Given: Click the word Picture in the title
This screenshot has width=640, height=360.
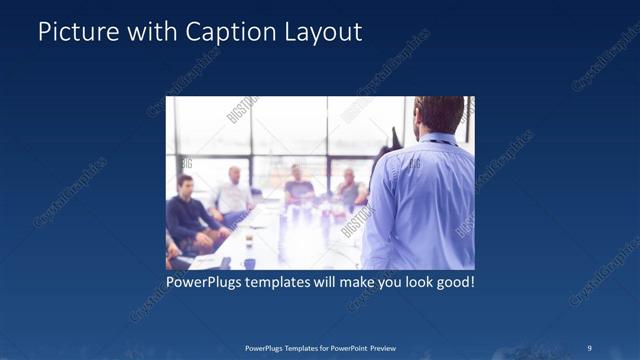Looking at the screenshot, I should point(73,32).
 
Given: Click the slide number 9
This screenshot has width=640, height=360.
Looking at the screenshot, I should point(589,347).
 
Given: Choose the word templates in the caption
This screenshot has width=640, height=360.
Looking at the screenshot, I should point(290,283).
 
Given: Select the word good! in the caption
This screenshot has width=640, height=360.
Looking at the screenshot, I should point(454,283).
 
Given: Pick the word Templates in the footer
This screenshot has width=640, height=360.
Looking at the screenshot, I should point(297,347).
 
